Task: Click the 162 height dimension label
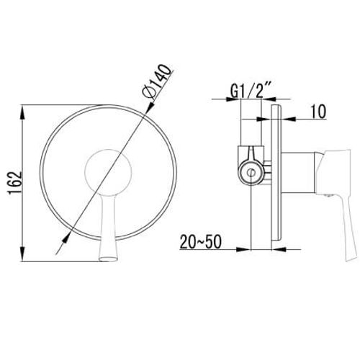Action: [15, 183]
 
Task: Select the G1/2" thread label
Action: [251, 90]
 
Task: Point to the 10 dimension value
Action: [318, 112]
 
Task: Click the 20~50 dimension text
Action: [200, 242]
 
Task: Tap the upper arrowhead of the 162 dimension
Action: [22, 112]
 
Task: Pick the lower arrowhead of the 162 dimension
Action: [22, 253]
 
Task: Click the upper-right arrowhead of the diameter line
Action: [150, 107]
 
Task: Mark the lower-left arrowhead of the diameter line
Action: [66, 239]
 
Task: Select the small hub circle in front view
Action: [108, 172]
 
